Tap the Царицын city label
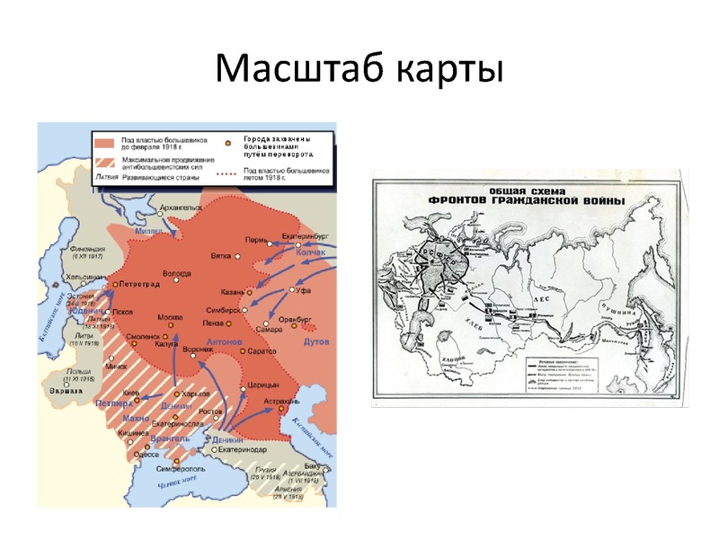pos(259,384)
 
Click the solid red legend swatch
pos(104,143)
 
